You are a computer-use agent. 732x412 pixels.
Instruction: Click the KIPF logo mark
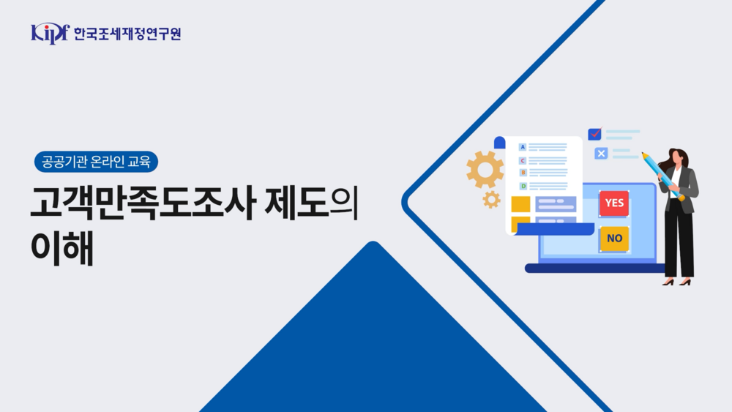tap(49, 33)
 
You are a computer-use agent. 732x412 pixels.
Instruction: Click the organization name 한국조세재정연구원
tap(127, 34)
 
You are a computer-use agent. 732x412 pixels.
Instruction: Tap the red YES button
tap(614, 203)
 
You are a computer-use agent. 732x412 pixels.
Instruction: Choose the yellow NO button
tap(614, 239)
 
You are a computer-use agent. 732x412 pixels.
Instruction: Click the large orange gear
tap(485, 169)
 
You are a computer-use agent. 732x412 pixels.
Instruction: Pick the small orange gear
tap(491, 199)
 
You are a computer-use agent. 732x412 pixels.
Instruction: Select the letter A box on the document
tap(523, 147)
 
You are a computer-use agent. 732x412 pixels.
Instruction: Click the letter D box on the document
tap(523, 186)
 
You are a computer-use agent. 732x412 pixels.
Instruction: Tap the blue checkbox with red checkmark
tap(594, 134)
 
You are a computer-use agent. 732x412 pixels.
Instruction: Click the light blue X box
tap(601, 153)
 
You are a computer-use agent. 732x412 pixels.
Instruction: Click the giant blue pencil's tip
tap(644, 154)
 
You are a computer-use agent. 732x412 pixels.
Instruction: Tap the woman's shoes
tap(677, 282)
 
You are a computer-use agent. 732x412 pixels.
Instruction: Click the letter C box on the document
tap(523, 160)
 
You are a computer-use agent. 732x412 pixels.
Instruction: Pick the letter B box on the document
tap(523, 173)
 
